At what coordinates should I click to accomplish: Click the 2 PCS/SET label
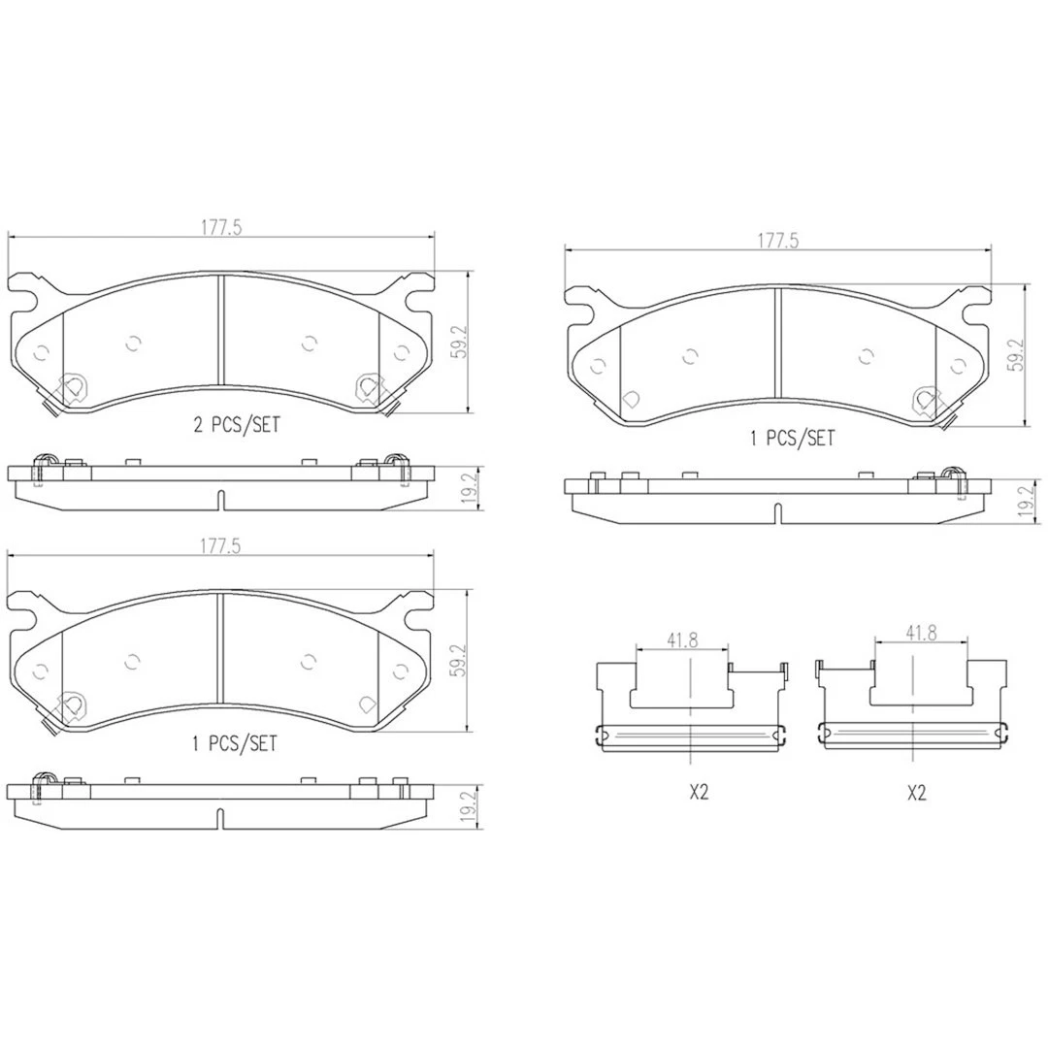pyautogui.click(x=237, y=424)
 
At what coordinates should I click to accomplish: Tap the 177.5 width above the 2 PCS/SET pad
pyautogui.click(x=221, y=227)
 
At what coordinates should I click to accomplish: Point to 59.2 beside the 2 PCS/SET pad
pyautogui.click(x=458, y=343)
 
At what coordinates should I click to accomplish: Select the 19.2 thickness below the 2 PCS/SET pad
pyautogui.click(x=469, y=488)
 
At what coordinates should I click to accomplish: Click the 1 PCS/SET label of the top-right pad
pyautogui.click(x=792, y=438)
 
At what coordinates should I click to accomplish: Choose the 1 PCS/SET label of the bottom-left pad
pyautogui.click(x=235, y=743)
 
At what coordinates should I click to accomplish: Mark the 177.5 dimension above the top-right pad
pyautogui.click(x=778, y=241)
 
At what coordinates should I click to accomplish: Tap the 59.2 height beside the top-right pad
pyautogui.click(x=1017, y=355)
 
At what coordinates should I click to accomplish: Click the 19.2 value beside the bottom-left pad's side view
pyautogui.click(x=469, y=806)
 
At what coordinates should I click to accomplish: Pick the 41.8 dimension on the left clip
pyautogui.click(x=682, y=639)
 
